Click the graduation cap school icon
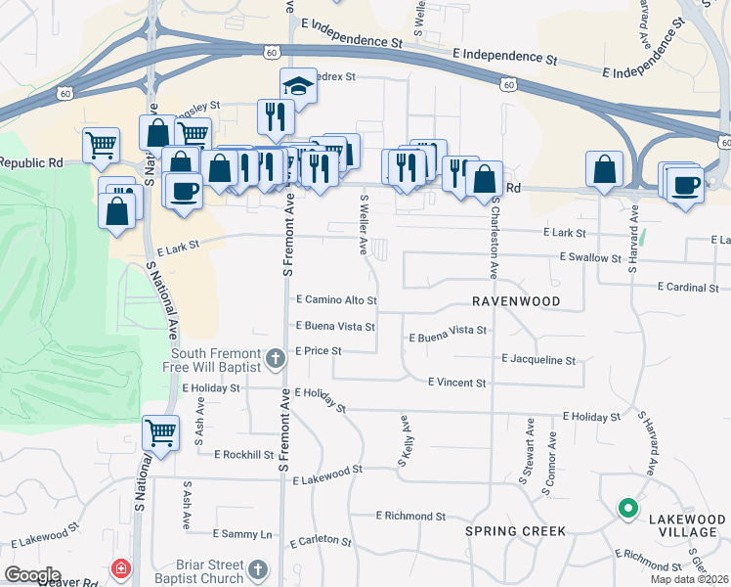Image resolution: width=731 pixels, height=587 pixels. [299, 86]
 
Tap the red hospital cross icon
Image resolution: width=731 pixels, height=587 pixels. [121, 568]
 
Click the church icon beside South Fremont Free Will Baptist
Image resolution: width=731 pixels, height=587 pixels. [275, 359]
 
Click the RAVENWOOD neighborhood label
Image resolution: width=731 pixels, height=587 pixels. [516, 301]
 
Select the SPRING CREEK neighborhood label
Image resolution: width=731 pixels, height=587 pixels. [515, 531]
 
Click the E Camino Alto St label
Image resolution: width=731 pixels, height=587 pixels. [336, 299]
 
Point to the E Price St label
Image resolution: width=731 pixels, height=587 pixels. [318, 350]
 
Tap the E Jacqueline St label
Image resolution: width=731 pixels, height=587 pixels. [538, 360]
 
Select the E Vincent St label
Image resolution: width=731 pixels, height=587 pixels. [456, 383]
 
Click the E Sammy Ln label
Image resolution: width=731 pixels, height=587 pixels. [241, 535]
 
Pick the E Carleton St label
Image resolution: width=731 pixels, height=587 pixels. [320, 540]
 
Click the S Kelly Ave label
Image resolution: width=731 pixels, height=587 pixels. [404, 433]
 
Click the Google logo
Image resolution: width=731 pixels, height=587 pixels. [32, 575]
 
